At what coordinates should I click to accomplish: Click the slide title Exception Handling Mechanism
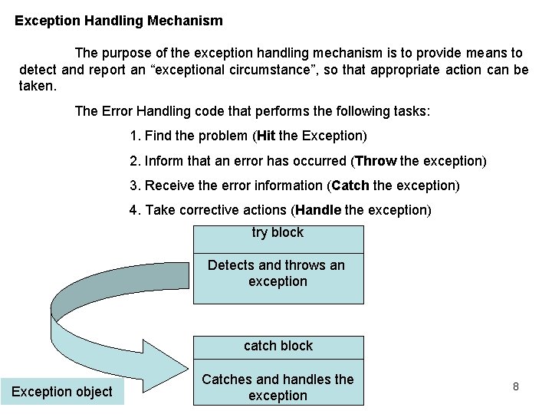tap(119, 21)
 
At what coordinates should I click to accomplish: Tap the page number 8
tap(516, 386)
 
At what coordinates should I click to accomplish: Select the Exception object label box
tap(61, 392)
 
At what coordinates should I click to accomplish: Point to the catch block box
tap(278, 347)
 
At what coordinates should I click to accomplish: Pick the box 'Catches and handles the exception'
tap(278, 387)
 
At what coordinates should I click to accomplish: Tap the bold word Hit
tap(266, 136)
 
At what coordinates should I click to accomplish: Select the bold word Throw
tap(376, 161)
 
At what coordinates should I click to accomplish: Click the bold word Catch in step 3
tap(350, 186)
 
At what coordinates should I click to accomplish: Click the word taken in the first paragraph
tap(36, 87)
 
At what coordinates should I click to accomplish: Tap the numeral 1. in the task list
tap(135, 136)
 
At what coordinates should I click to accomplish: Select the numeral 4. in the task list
tap(135, 210)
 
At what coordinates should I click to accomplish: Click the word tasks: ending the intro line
tap(412, 112)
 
